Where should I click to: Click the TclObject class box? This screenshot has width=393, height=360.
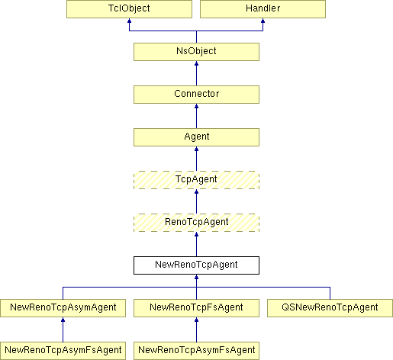click(x=129, y=9)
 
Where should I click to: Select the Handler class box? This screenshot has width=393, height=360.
click(x=263, y=9)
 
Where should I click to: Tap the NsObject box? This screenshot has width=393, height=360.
click(x=196, y=52)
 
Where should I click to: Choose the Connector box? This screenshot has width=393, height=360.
click(x=196, y=95)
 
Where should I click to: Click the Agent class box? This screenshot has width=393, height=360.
click(x=196, y=137)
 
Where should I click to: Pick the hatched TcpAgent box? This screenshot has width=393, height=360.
click(x=196, y=180)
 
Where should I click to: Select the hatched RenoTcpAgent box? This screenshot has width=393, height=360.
click(x=196, y=223)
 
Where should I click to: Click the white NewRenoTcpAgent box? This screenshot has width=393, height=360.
click(x=196, y=265)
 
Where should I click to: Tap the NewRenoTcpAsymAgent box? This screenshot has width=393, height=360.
click(x=63, y=308)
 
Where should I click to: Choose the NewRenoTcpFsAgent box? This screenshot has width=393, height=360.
click(x=196, y=308)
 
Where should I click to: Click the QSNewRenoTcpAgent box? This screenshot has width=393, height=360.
click(x=330, y=308)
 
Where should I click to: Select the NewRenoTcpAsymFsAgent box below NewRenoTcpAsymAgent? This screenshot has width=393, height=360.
click(x=63, y=351)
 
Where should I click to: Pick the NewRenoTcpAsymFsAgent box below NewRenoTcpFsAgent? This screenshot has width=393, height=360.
click(x=196, y=351)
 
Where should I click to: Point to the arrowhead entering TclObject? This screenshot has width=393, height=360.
click(x=129, y=21)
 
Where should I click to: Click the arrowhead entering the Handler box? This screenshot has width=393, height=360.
click(x=263, y=21)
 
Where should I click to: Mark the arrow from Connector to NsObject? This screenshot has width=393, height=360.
click(x=196, y=73)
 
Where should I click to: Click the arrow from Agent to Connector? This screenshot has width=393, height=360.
click(x=196, y=116)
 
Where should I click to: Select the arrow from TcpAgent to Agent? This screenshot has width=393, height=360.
click(x=196, y=159)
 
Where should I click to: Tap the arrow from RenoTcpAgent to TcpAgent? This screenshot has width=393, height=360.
click(x=196, y=201)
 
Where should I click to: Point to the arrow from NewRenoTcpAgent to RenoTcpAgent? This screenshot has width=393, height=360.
click(x=196, y=244)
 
